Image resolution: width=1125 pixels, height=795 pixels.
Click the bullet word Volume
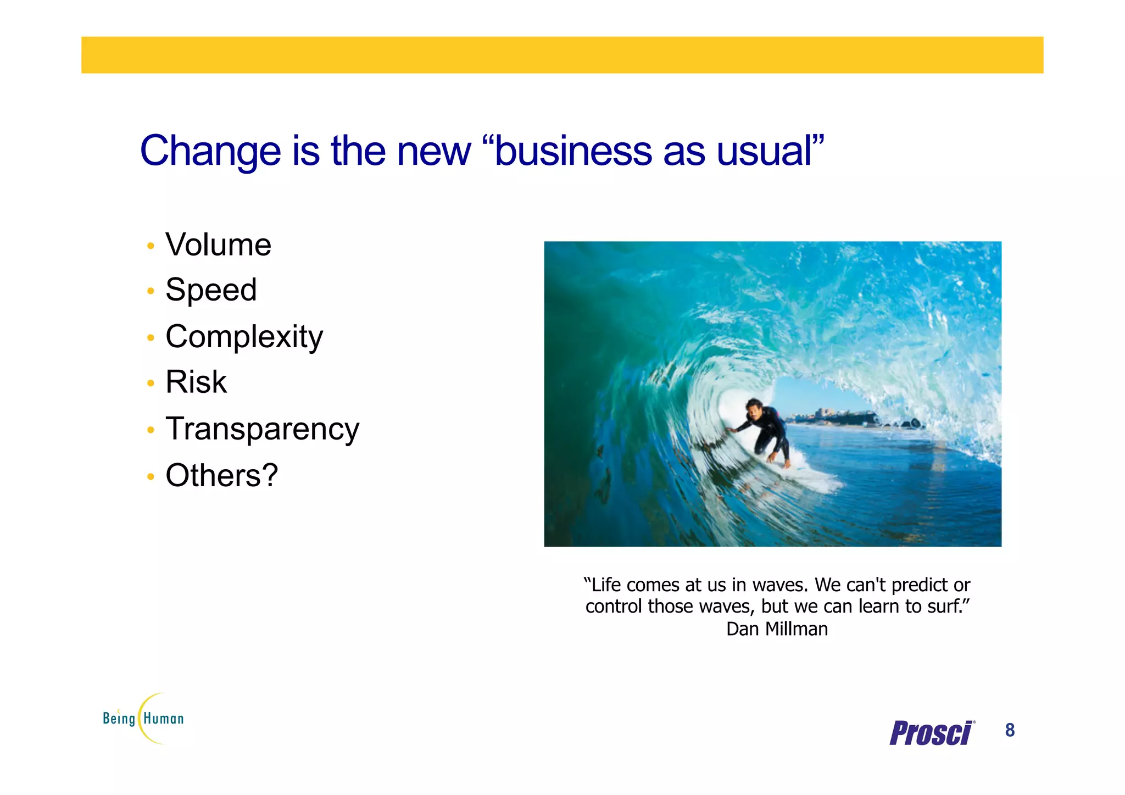pyautogui.click(x=218, y=245)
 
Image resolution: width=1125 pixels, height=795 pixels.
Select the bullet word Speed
pyautogui.click(x=211, y=290)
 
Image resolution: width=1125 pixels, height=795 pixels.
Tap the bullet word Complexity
pyautogui.click(x=244, y=337)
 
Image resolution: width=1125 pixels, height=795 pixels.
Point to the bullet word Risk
pyautogui.click(x=196, y=382)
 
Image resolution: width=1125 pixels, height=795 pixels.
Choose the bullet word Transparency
pyautogui.click(x=262, y=429)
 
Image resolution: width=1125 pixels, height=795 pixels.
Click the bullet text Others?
pyautogui.click(x=221, y=475)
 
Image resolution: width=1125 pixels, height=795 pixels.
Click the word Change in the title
pyautogui.click(x=210, y=151)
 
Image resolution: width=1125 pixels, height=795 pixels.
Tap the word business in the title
pyautogui.click(x=572, y=151)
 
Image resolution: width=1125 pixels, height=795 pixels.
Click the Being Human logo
pyautogui.click(x=143, y=718)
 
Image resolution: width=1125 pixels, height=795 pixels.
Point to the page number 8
pyautogui.click(x=1010, y=730)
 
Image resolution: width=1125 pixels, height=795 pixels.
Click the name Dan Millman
pyautogui.click(x=777, y=629)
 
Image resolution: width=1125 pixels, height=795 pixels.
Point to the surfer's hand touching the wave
pyautogui.click(x=729, y=431)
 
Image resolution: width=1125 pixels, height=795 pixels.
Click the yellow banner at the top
pyautogui.click(x=562, y=55)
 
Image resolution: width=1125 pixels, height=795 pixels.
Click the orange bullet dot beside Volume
pyautogui.click(x=151, y=246)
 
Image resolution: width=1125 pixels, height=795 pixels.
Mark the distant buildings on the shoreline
pyautogui.click(x=829, y=413)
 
